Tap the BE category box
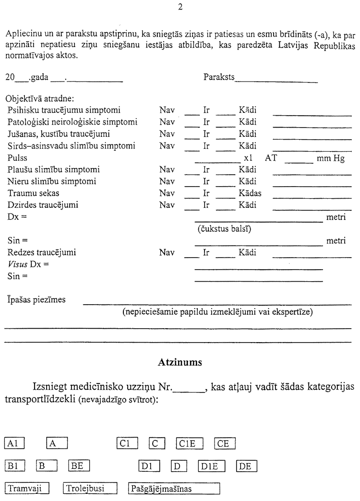pos(79,465)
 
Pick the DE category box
pos(247,465)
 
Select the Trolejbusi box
pos(91,489)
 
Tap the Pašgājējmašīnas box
pos(173,489)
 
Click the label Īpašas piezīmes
pos(36,300)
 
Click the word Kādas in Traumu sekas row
pos(250,193)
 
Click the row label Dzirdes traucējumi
pos(43,205)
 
